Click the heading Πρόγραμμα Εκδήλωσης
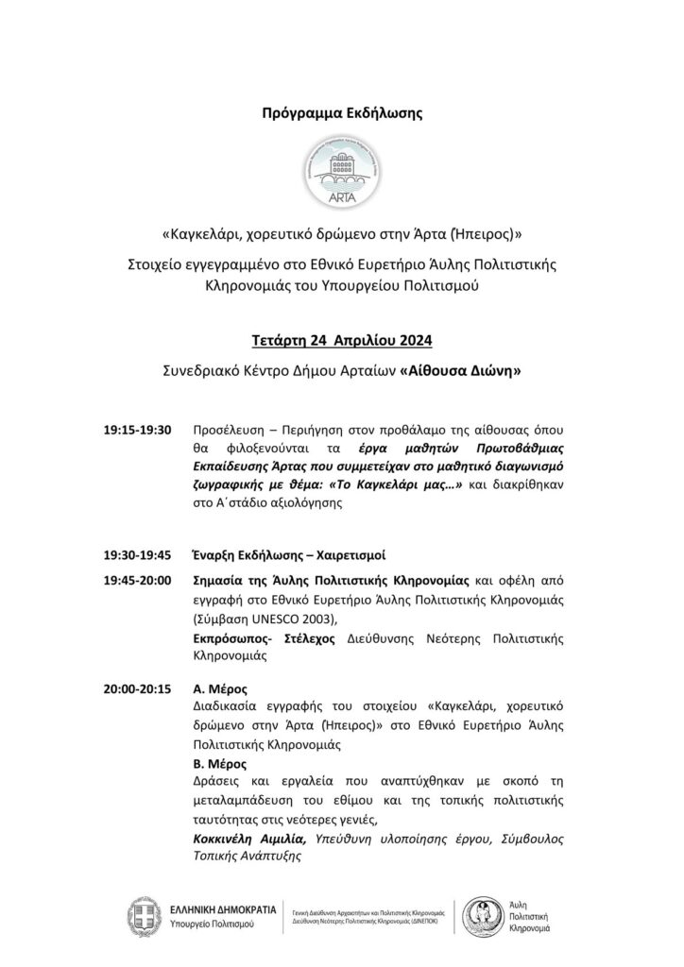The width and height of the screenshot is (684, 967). tap(342, 112)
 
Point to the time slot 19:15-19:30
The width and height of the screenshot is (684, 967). tap(138, 431)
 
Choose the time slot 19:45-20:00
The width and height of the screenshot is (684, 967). tap(138, 579)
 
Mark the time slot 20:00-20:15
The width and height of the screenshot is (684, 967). tap(138, 688)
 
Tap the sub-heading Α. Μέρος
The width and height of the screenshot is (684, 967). tap(219, 688)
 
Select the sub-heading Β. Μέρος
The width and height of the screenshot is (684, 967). tap(219, 763)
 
